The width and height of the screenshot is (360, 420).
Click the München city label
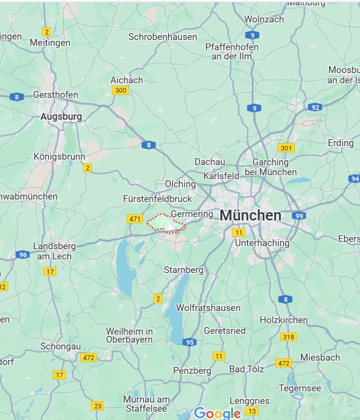[x=251, y=215]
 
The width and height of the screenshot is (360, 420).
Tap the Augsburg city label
[x=61, y=117]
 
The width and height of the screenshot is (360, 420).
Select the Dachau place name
[x=210, y=162]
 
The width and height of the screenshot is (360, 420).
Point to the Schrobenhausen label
[x=162, y=37]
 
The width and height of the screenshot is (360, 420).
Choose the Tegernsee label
[x=300, y=388]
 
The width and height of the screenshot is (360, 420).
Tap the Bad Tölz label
[x=247, y=369]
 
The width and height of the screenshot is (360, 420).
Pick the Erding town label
[x=341, y=143]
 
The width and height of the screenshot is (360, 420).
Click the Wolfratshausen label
[x=208, y=308]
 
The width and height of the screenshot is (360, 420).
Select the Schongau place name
[x=60, y=346]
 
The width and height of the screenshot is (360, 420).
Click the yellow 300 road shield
[x=120, y=90]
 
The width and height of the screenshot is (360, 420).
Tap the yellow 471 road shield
[x=135, y=219]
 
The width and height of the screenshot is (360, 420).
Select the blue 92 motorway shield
[x=315, y=107]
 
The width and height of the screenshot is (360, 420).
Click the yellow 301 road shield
[x=286, y=148]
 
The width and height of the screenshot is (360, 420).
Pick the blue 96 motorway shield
[x=22, y=255]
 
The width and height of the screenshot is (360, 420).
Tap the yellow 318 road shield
[x=288, y=337]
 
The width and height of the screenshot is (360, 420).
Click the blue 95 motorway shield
[x=190, y=342]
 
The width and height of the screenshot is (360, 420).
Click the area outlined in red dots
[x=165, y=223]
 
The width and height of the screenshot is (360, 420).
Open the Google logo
[x=217, y=413]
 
